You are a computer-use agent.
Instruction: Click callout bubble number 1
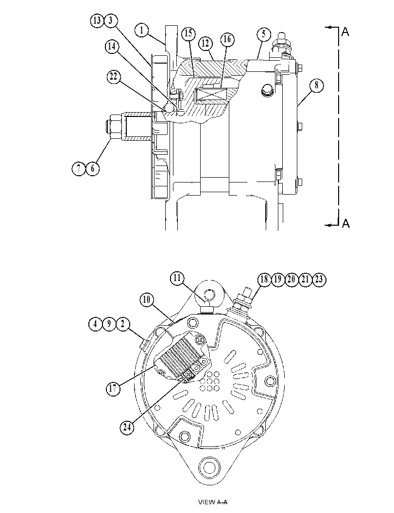point(141,31)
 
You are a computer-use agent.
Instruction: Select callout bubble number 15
point(188,33)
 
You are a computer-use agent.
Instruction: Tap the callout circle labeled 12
point(206,44)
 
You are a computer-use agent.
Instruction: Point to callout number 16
point(227,39)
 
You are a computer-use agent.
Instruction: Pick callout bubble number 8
point(316,85)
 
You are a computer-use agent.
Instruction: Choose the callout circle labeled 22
point(114,77)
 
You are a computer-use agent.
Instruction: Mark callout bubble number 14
point(112,47)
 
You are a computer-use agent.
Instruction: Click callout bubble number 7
point(79,169)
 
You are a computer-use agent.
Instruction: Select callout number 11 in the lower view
point(177,279)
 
